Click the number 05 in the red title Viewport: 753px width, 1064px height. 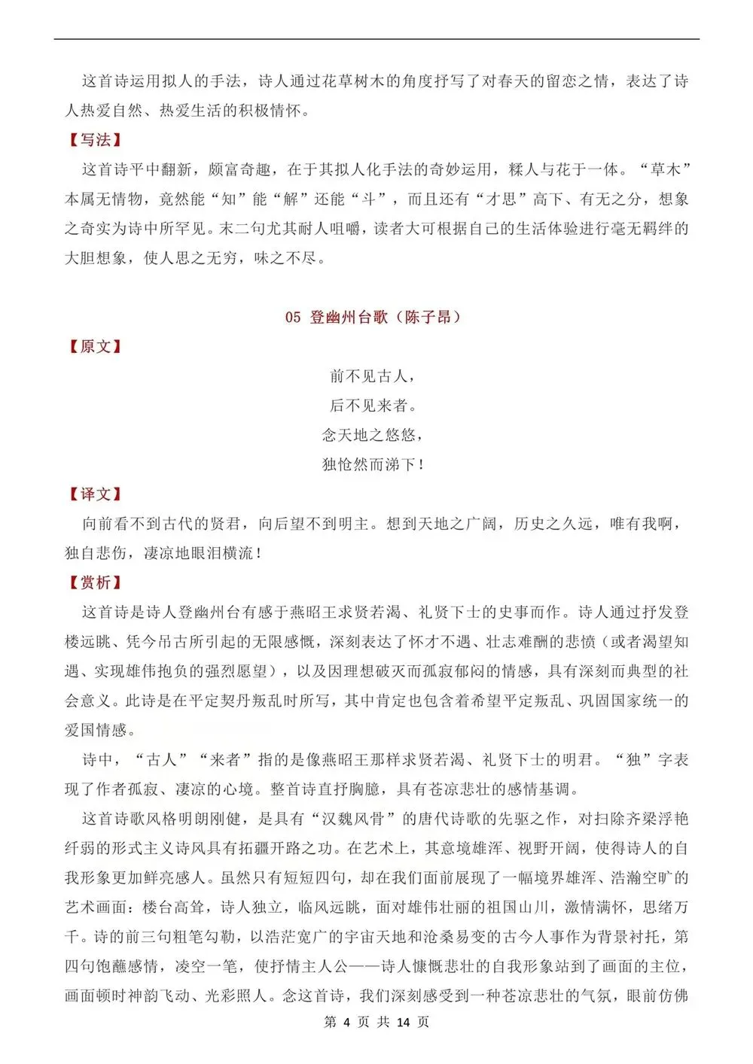coord(293,318)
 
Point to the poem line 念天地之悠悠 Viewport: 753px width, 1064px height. coord(372,435)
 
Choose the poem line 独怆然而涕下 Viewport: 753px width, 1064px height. coord(372,464)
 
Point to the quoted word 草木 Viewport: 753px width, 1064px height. coord(665,170)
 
